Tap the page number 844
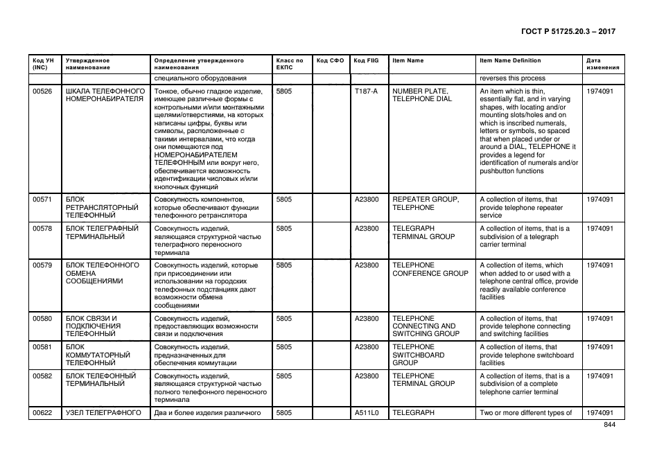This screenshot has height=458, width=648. [x=609, y=425]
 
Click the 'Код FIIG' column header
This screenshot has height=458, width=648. [x=365, y=61]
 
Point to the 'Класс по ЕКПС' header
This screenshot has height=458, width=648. [x=289, y=64]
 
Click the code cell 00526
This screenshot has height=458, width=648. [x=43, y=91]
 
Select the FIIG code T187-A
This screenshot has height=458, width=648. [x=365, y=91]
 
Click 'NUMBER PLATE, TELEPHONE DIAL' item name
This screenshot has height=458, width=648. [x=421, y=95]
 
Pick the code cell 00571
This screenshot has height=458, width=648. [x=43, y=200]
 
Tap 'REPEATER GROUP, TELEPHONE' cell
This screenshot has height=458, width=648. [x=425, y=204]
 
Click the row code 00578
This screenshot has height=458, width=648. [x=43, y=228]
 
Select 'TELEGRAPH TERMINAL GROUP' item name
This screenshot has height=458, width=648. [x=423, y=232]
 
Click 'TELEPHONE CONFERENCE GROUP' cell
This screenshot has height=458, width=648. [x=430, y=269]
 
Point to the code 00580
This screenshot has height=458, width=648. [x=43, y=318]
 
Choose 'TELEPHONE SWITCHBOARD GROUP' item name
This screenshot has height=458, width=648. [x=418, y=355]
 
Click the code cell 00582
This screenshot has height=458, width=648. [x=43, y=376]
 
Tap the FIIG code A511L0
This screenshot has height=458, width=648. [x=366, y=413]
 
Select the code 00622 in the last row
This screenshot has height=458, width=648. [x=43, y=413]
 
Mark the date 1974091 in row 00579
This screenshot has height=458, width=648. [x=599, y=265]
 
